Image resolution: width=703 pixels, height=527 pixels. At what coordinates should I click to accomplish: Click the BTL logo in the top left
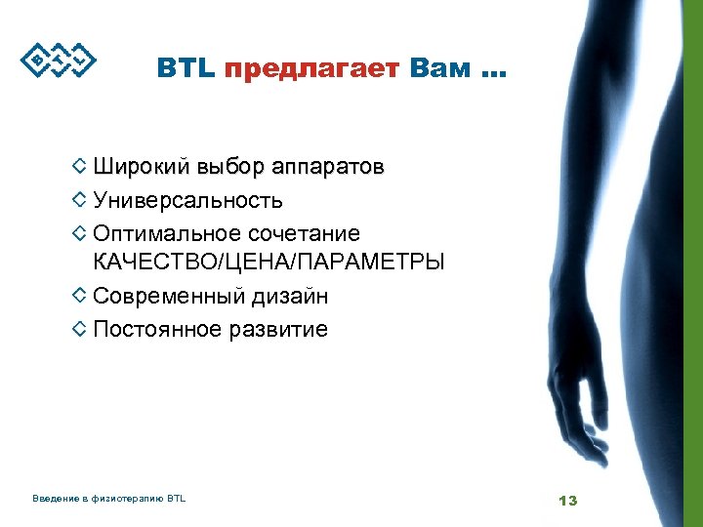(60, 61)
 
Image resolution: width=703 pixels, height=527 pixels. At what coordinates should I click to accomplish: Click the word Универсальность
(188, 201)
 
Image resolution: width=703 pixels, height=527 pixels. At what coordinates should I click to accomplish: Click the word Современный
(169, 297)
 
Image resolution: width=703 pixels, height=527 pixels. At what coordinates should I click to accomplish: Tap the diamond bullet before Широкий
(80, 167)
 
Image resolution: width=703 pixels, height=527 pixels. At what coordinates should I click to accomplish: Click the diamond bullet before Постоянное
(80, 329)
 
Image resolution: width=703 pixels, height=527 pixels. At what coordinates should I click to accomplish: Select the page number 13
(567, 501)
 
